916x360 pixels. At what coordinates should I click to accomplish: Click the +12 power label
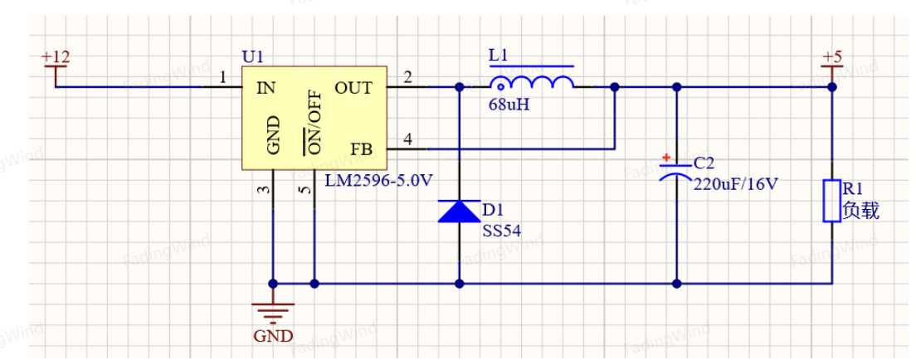(x=56, y=57)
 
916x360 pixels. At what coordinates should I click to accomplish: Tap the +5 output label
(x=832, y=57)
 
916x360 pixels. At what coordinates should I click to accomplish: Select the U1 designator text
(x=253, y=56)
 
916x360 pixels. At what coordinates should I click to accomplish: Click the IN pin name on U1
(x=266, y=88)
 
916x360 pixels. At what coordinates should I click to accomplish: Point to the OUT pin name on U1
(x=353, y=88)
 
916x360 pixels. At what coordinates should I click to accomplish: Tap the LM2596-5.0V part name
(x=378, y=181)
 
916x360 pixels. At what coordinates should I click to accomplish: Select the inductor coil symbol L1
(x=531, y=84)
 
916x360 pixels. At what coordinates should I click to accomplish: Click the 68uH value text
(x=509, y=106)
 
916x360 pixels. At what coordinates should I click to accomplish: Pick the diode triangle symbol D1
(x=459, y=211)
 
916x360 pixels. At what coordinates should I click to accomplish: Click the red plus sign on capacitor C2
(x=666, y=158)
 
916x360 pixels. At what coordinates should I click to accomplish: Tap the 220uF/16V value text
(x=735, y=185)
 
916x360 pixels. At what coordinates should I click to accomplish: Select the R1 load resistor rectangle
(x=832, y=201)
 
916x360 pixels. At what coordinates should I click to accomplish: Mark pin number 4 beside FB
(x=407, y=139)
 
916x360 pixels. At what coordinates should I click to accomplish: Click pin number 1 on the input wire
(x=222, y=78)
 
